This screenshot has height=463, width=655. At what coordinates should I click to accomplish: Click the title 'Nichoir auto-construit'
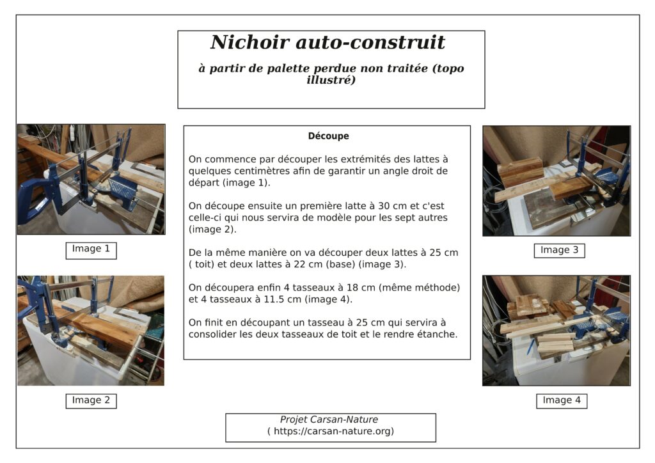[x=327, y=43]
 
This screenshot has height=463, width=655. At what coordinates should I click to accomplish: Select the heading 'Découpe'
[x=328, y=136]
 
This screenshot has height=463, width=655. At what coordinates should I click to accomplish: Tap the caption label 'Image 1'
[x=91, y=249]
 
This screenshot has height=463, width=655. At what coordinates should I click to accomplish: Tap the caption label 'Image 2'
[x=91, y=400]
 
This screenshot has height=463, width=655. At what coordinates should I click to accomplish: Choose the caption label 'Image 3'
[x=559, y=250]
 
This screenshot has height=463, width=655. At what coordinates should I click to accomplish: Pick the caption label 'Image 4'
[x=562, y=400]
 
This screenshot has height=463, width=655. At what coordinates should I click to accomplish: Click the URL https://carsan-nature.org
[x=331, y=431]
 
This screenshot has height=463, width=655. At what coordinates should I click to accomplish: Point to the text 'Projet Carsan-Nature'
[x=329, y=420]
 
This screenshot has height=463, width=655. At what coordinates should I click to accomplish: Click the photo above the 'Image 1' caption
[x=91, y=180]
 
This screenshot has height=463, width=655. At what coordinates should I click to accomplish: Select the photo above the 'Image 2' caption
[x=91, y=330]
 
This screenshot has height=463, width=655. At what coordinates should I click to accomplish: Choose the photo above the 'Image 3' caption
[x=556, y=181]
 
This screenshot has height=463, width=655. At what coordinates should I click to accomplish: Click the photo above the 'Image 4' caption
[x=556, y=331]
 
